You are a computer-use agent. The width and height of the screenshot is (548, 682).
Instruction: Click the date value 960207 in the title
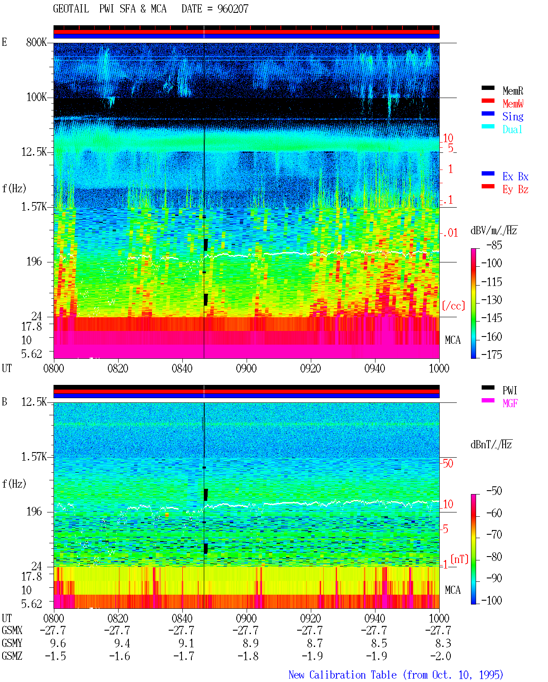pyautogui.click(x=232, y=9)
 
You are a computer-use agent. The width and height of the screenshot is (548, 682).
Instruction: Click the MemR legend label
pyautogui.click(x=512, y=91)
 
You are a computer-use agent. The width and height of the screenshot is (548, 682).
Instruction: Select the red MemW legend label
pyautogui.click(x=512, y=104)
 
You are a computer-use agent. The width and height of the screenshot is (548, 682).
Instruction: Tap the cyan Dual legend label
pyautogui.click(x=512, y=129)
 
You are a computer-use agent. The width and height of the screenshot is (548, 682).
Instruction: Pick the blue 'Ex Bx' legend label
pyautogui.click(x=515, y=176)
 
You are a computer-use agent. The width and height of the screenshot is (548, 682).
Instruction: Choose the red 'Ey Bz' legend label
pyautogui.click(x=515, y=190)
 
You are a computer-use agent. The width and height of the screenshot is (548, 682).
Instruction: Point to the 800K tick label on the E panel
pyautogui.click(x=36, y=42)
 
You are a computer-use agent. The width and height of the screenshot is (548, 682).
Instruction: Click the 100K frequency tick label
pyautogui.click(x=36, y=97)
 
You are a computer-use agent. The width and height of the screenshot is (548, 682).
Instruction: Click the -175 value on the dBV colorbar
pyautogui.click(x=491, y=354)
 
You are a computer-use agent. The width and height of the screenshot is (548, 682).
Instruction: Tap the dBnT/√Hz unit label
pyautogui.click(x=491, y=444)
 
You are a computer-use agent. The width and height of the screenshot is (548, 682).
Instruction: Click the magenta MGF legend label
pyautogui.click(x=510, y=403)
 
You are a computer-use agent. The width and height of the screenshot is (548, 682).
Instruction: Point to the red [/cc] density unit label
pyautogui.click(x=453, y=306)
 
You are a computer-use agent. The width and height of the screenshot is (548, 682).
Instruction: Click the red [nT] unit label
pyautogui.click(x=459, y=559)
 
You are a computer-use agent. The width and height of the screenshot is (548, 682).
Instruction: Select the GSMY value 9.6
pyautogui.click(x=58, y=643)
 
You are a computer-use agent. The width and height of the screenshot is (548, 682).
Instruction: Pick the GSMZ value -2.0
pyautogui.click(x=441, y=656)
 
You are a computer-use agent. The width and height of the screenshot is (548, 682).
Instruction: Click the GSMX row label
pyautogui.click(x=12, y=630)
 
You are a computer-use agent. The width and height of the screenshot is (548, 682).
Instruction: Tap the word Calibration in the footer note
pyautogui.click(x=337, y=675)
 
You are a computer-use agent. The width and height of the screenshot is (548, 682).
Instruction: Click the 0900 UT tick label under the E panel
pyautogui.click(x=246, y=369)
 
